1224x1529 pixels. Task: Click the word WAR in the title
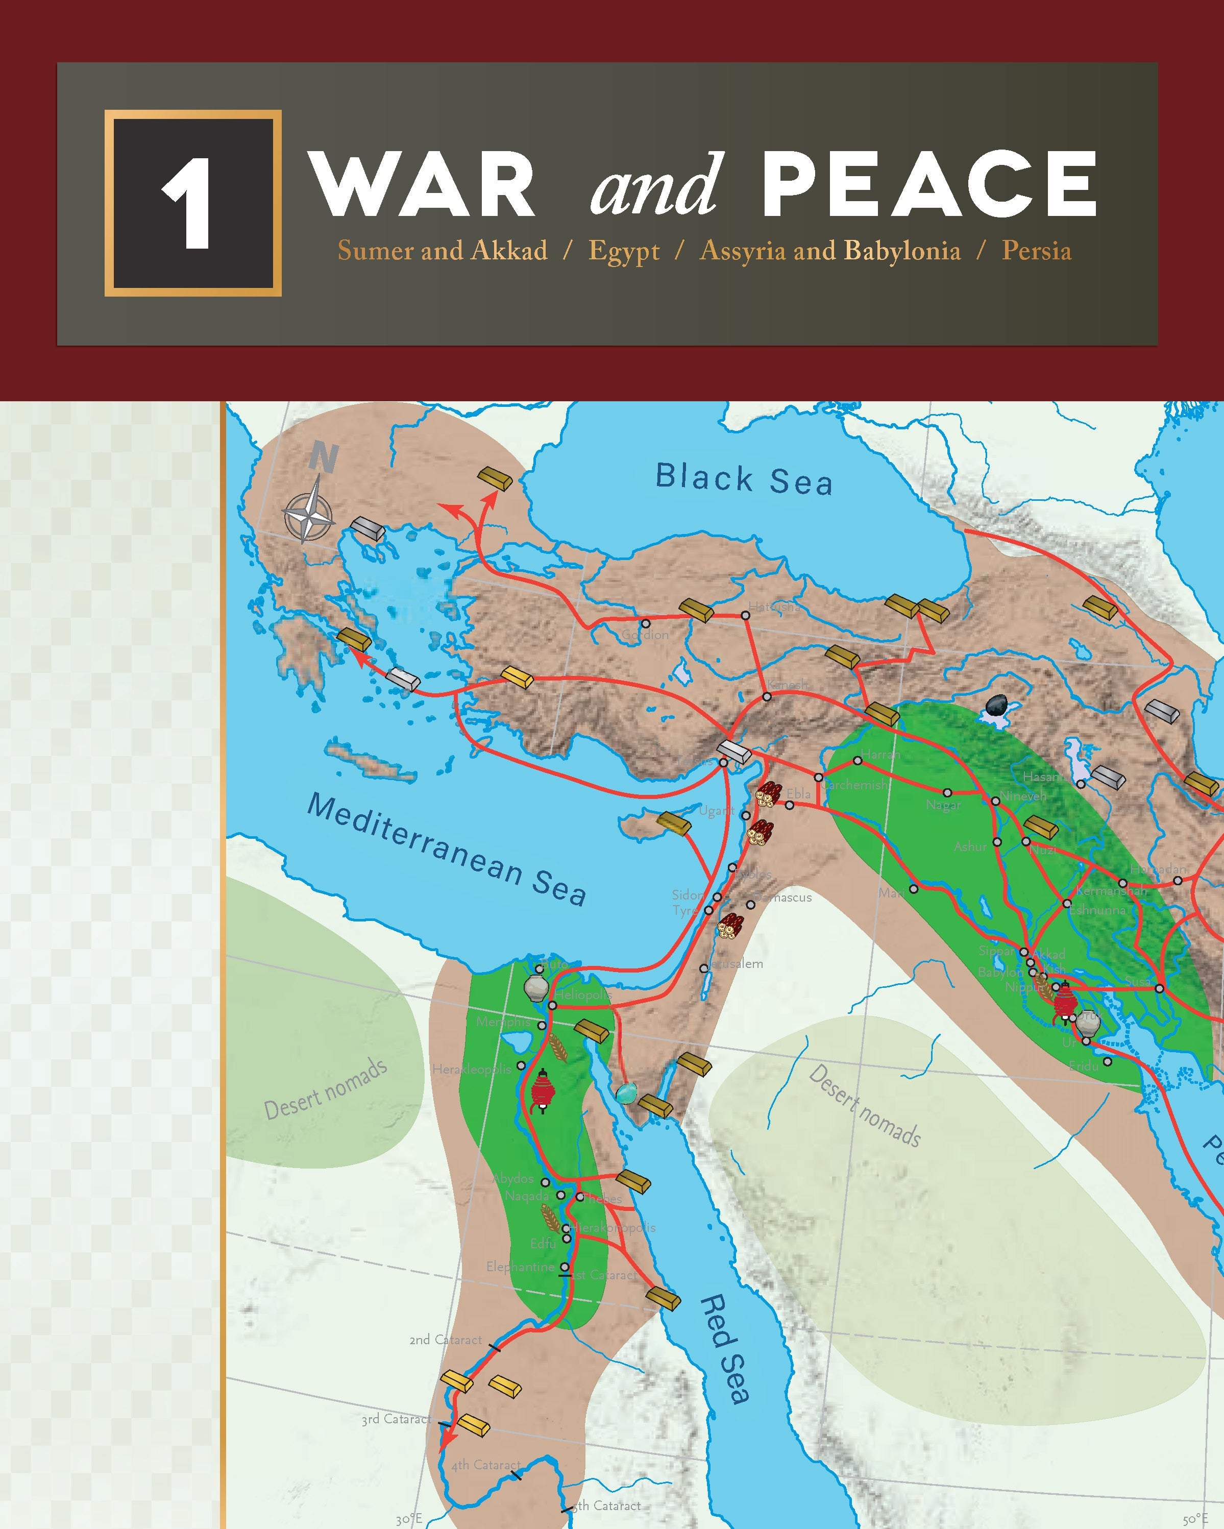pyautogui.click(x=423, y=184)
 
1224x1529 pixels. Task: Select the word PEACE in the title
pyautogui.click(x=929, y=184)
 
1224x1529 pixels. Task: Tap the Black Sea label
pyautogui.click(x=743, y=479)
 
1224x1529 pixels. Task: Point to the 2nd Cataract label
pyautogui.click(x=446, y=1340)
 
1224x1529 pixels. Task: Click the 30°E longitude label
pyautogui.click(x=409, y=1519)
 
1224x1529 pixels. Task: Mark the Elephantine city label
pyautogui.click(x=520, y=1267)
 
